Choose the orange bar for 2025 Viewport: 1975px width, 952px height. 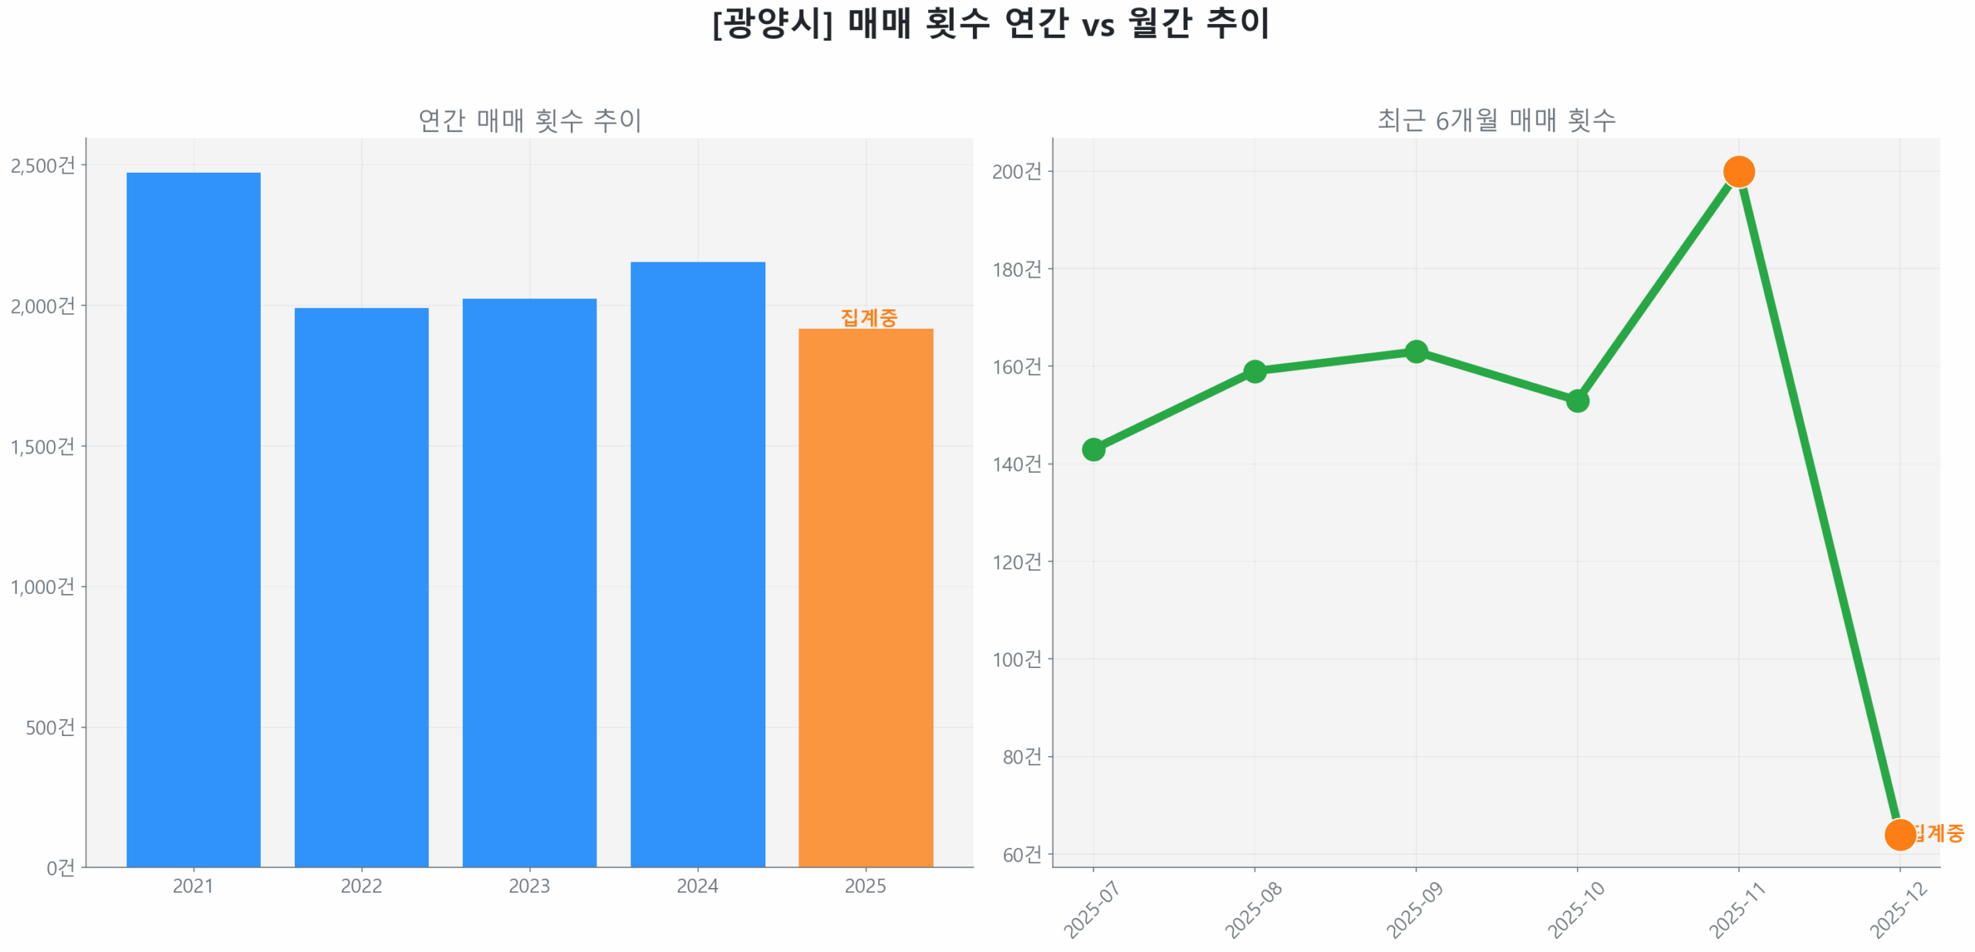(x=866, y=597)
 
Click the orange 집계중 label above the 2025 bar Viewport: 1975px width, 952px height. (x=869, y=317)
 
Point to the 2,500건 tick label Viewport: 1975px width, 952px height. (x=43, y=165)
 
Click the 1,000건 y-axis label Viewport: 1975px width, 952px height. (x=43, y=587)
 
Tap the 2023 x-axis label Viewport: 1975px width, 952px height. (x=529, y=886)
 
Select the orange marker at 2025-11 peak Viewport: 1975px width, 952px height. (x=1738, y=171)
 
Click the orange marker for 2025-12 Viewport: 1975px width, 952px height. (x=1899, y=835)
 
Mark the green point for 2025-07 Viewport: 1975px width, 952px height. (x=1093, y=450)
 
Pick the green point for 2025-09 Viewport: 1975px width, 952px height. (x=1416, y=352)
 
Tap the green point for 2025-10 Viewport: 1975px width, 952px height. (x=1577, y=401)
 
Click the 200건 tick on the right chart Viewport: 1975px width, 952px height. (x=1016, y=171)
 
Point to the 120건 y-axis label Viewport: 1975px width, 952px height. (x=1016, y=562)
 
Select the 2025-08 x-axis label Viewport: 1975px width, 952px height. (x=1253, y=910)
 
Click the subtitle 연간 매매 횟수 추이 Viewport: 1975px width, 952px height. (x=529, y=120)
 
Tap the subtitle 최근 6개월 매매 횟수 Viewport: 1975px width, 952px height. (x=1496, y=120)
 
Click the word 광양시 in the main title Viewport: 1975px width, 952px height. (x=771, y=23)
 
